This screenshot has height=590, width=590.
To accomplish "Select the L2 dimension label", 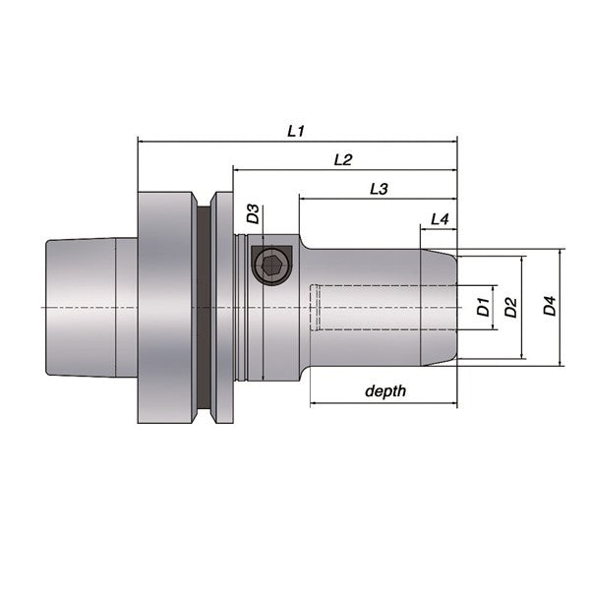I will (343, 158).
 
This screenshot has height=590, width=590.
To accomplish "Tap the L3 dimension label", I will (379, 187).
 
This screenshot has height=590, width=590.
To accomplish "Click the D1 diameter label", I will (483, 306).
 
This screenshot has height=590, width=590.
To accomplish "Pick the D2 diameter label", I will (510, 308).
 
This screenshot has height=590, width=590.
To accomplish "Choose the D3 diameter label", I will (253, 213).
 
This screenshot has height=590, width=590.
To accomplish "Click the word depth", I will (384, 391).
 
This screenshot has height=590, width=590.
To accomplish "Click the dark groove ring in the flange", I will (204, 307).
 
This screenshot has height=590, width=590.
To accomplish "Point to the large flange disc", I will (164, 307).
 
